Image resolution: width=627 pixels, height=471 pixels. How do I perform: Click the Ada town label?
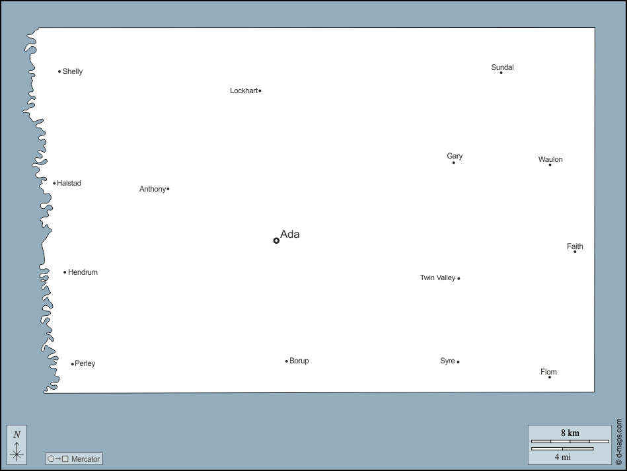coord(289,234)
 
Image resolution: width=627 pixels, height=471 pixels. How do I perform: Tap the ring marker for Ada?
coord(276,240)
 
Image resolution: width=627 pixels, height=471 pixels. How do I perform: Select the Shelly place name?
coord(73,71)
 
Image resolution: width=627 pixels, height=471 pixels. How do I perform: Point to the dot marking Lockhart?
coord(260,91)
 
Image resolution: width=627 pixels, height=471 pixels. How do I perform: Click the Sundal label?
coord(502,67)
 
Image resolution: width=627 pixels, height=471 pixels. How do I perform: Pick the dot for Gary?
coord(453,163)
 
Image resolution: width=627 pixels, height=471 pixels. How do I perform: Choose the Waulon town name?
coord(550,159)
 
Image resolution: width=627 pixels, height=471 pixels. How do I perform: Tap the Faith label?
coord(575,246)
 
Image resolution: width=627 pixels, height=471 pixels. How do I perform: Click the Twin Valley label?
coord(437,278)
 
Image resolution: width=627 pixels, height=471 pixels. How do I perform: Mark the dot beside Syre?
coord(458,362)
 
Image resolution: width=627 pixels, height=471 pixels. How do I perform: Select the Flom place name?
coord(548,372)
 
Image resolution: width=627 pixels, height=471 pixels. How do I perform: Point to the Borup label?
coord(299,361)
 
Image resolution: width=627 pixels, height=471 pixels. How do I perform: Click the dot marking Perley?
coord(73,364)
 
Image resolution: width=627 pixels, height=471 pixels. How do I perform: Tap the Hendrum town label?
coord(83,272)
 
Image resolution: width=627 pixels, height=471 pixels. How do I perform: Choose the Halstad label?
coord(69,183)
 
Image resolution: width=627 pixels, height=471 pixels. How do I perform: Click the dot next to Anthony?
coord(168,189)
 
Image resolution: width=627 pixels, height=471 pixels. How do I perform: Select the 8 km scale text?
coord(570,433)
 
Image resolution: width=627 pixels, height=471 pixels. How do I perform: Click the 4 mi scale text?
coord(562,456)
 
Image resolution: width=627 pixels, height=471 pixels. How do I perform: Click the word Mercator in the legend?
coord(85,458)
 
